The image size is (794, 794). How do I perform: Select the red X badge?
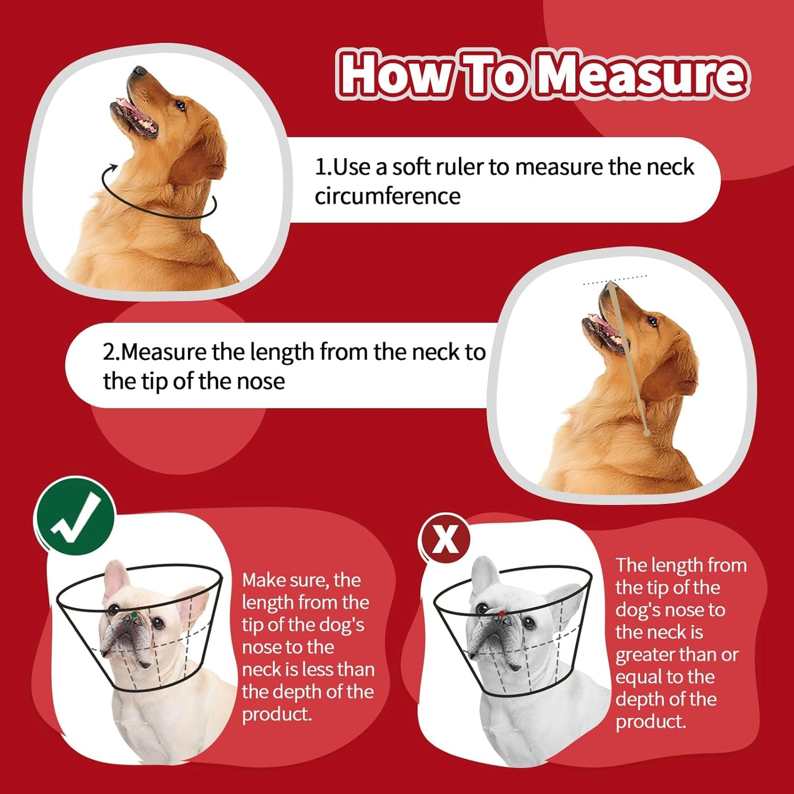445,539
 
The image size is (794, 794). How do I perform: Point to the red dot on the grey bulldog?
502,613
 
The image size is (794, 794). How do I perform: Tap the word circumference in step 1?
387,196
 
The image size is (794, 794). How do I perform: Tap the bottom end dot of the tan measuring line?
647,434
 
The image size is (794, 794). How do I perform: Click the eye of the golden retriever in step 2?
652,321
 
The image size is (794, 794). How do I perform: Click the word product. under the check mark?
277,714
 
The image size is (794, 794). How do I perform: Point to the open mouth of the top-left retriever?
135,117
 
